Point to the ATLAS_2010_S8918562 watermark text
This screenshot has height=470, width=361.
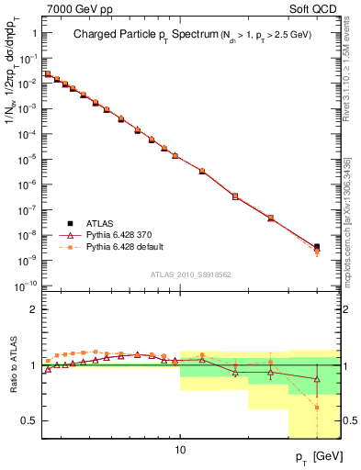pyautogui.click(x=191, y=274)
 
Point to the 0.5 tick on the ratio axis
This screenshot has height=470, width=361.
pyautogui.click(x=29, y=420)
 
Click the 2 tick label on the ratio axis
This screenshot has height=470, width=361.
pyautogui.click(x=34, y=309)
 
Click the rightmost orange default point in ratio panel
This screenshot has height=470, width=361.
pyautogui.click(x=317, y=407)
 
